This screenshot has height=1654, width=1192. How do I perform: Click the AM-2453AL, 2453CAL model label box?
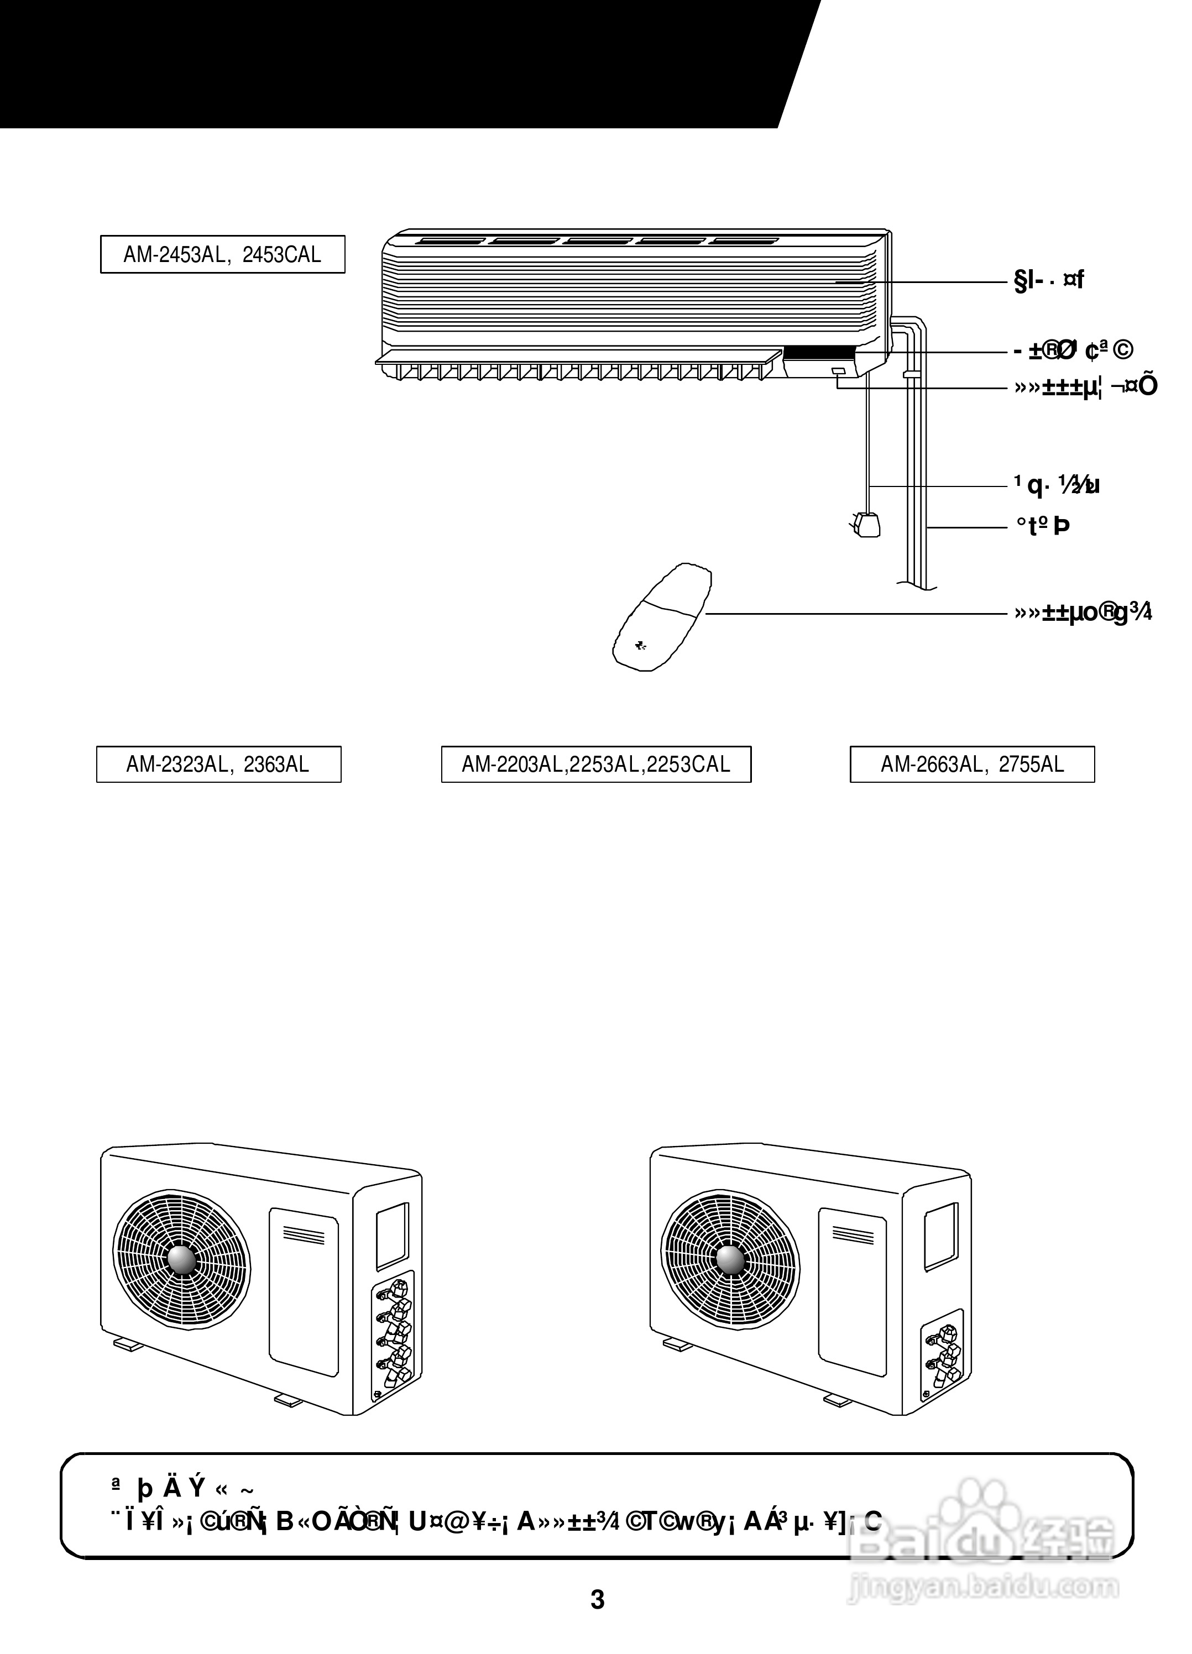222,254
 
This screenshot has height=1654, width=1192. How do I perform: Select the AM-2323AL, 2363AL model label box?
219,765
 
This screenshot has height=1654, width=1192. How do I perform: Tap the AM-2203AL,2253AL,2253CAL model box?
596,765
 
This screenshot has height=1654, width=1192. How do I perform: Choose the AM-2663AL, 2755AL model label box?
972,765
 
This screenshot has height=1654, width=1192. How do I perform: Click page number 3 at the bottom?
597,1600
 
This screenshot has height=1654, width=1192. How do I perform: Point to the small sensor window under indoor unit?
838,373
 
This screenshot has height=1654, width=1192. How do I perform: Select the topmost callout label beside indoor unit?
1049,280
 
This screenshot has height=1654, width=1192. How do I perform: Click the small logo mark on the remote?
640,646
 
